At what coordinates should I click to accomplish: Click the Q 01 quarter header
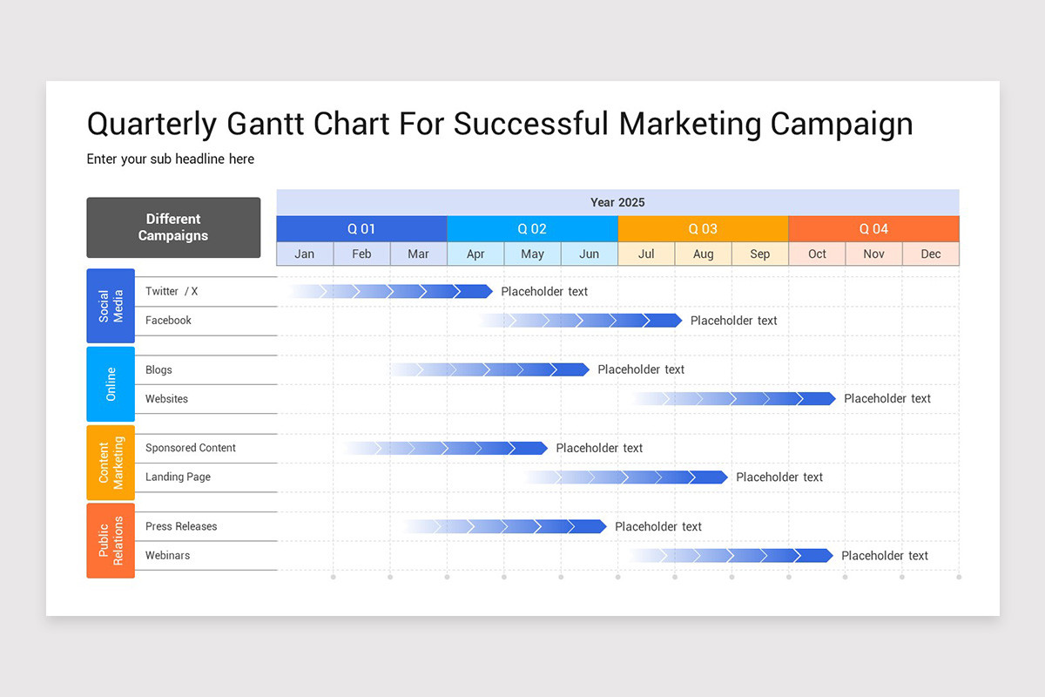(361, 229)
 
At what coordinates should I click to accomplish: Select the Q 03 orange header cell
(703, 229)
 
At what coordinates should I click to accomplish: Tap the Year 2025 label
(617, 202)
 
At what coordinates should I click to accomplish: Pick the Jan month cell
(305, 254)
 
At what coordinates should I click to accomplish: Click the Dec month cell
(930, 254)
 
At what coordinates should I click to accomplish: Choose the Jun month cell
(589, 254)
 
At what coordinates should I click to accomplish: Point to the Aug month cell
(703, 254)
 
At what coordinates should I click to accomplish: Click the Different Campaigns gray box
(173, 227)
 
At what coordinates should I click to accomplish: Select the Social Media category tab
(111, 306)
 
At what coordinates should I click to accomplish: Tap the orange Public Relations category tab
(111, 540)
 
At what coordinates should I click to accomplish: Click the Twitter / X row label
(172, 292)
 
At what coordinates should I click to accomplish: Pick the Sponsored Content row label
(191, 448)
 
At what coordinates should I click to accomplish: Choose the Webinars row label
(167, 555)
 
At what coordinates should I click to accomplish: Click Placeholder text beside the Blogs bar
(641, 369)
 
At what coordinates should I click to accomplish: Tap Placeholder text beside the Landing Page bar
(779, 477)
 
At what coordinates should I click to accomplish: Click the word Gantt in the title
(265, 124)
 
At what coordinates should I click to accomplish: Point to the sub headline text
(171, 159)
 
